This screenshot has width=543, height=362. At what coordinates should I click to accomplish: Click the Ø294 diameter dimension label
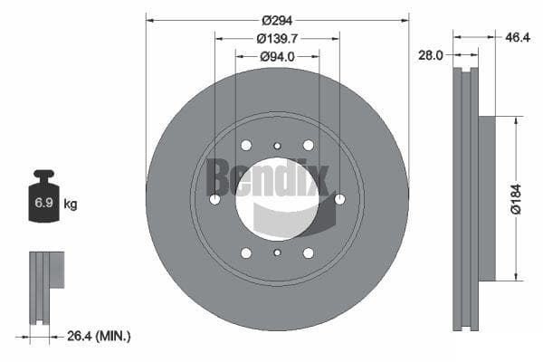pyautogui.click(x=277, y=21)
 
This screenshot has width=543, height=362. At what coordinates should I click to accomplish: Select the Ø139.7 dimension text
pyautogui.click(x=277, y=38)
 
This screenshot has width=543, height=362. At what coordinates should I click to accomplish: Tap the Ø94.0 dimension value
pyautogui.click(x=277, y=56)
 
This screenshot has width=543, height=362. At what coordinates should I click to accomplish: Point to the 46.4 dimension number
pyautogui.click(x=518, y=37)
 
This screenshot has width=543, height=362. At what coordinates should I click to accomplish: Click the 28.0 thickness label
pyautogui.click(x=431, y=55)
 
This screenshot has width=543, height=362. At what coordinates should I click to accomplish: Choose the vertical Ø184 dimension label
pyautogui.click(x=516, y=199)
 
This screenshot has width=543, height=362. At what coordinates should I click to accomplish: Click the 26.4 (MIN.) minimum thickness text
pyautogui.click(x=99, y=336)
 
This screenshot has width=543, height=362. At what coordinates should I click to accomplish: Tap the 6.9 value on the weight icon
pyautogui.click(x=43, y=203)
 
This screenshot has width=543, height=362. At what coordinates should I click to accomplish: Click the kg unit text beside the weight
pyautogui.click(x=71, y=204)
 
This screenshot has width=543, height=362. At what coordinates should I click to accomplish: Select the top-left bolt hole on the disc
pyautogui.click(x=246, y=145)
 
